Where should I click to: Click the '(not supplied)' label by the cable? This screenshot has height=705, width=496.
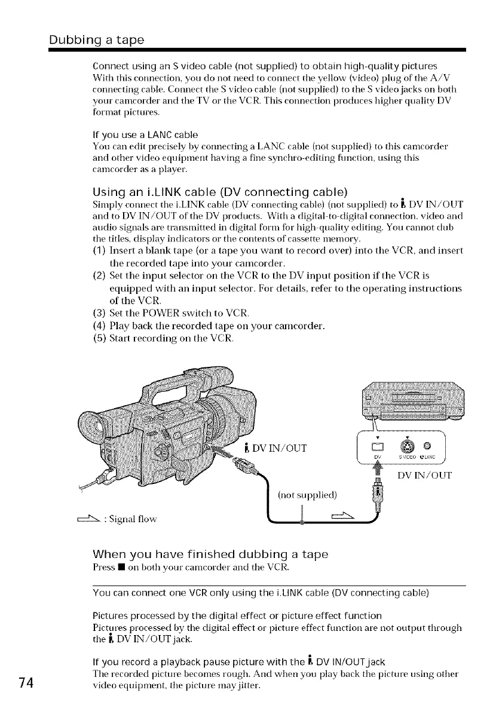pyautogui.click(x=308, y=495)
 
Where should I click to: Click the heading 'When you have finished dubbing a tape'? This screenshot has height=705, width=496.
pyautogui.click(x=210, y=554)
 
